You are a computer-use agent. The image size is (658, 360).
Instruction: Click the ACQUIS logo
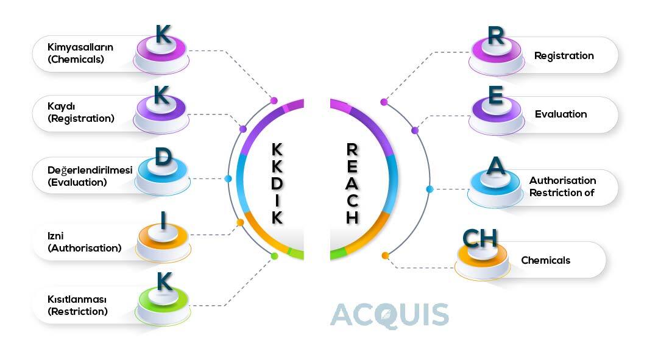click(389, 315)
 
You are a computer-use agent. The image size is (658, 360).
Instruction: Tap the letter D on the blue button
click(162, 157)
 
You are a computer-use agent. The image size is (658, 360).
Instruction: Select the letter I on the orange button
click(163, 221)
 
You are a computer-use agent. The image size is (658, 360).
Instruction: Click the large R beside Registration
click(496, 36)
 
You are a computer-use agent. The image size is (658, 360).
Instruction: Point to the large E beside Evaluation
click(496, 96)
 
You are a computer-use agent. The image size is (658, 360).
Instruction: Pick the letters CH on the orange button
click(480, 238)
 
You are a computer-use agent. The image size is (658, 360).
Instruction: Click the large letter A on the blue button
click(497, 166)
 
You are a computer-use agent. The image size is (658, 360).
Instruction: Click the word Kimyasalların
click(80, 47)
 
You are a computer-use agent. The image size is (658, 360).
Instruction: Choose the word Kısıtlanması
click(77, 299)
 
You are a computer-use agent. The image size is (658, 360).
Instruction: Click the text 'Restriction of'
click(561, 192)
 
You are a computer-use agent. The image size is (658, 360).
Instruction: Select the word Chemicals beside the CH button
click(545, 260)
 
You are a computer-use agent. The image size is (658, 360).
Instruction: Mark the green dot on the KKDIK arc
click(274, 256)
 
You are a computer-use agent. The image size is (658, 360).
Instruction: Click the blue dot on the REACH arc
click(430, 189)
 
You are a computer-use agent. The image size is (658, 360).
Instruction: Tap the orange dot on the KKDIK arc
click(240, 222)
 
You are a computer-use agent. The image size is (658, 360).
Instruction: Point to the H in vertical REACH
click(352, 217)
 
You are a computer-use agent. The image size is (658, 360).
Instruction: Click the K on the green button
click(164, 281)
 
